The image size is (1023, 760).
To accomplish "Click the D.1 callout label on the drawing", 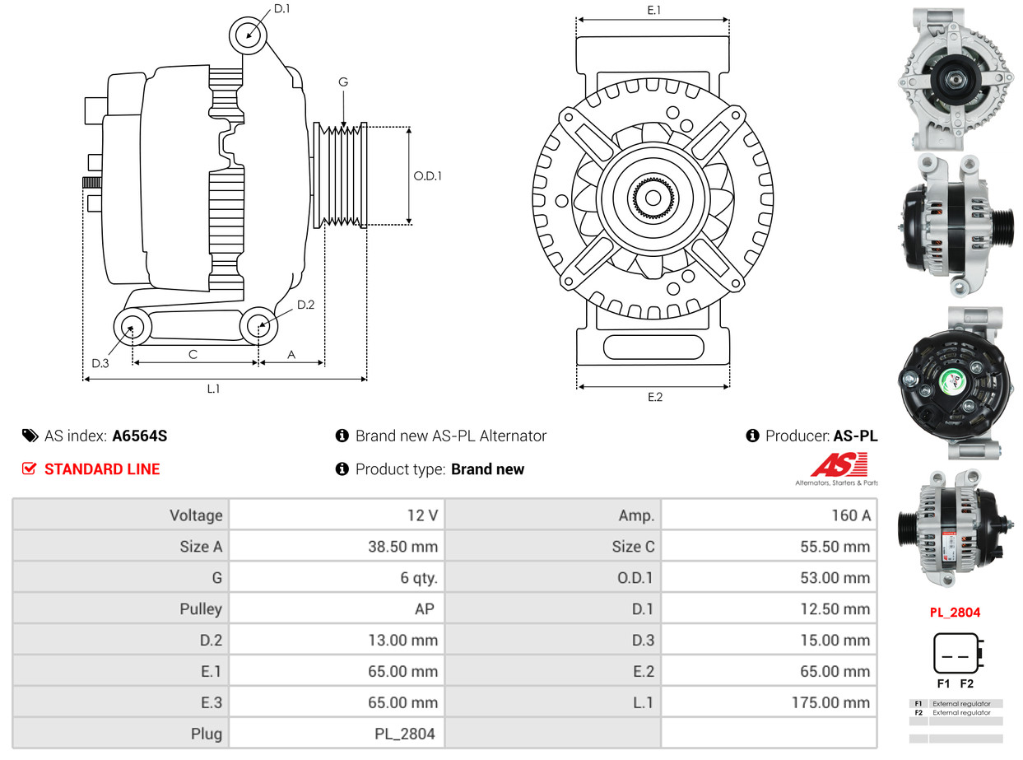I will tap(281, 9).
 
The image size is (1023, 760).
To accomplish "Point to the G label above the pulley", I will tap(343, 82).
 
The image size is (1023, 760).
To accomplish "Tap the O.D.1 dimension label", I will tap(427, 175).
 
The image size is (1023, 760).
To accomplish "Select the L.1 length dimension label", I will tap(213, 389).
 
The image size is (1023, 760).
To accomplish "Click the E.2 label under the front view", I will tap(654, 397).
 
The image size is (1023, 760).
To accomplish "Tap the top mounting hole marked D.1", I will tap(248, 35).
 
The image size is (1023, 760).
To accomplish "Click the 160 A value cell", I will tap(850, 515).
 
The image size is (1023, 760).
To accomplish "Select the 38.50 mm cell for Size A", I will tap(402, 547).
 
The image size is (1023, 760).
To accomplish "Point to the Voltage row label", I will tap(196, 515).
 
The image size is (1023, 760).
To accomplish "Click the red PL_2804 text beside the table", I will tap(955, 613).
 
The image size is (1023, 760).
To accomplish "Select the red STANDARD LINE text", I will tap(102, 469).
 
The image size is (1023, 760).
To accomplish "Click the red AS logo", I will tap(839, 465).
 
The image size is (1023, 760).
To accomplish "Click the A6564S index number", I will tap(140, 436).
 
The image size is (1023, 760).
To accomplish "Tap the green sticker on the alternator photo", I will tap(954, 382).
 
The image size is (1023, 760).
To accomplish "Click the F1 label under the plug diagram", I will tap(943, 684).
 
